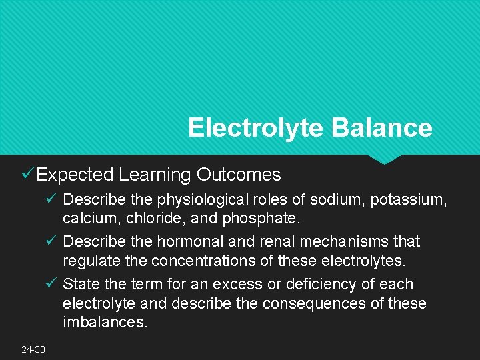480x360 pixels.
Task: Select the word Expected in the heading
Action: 75,175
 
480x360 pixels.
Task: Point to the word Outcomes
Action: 239,175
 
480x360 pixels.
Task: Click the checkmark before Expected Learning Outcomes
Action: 28,174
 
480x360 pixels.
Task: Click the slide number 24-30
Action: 33,349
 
